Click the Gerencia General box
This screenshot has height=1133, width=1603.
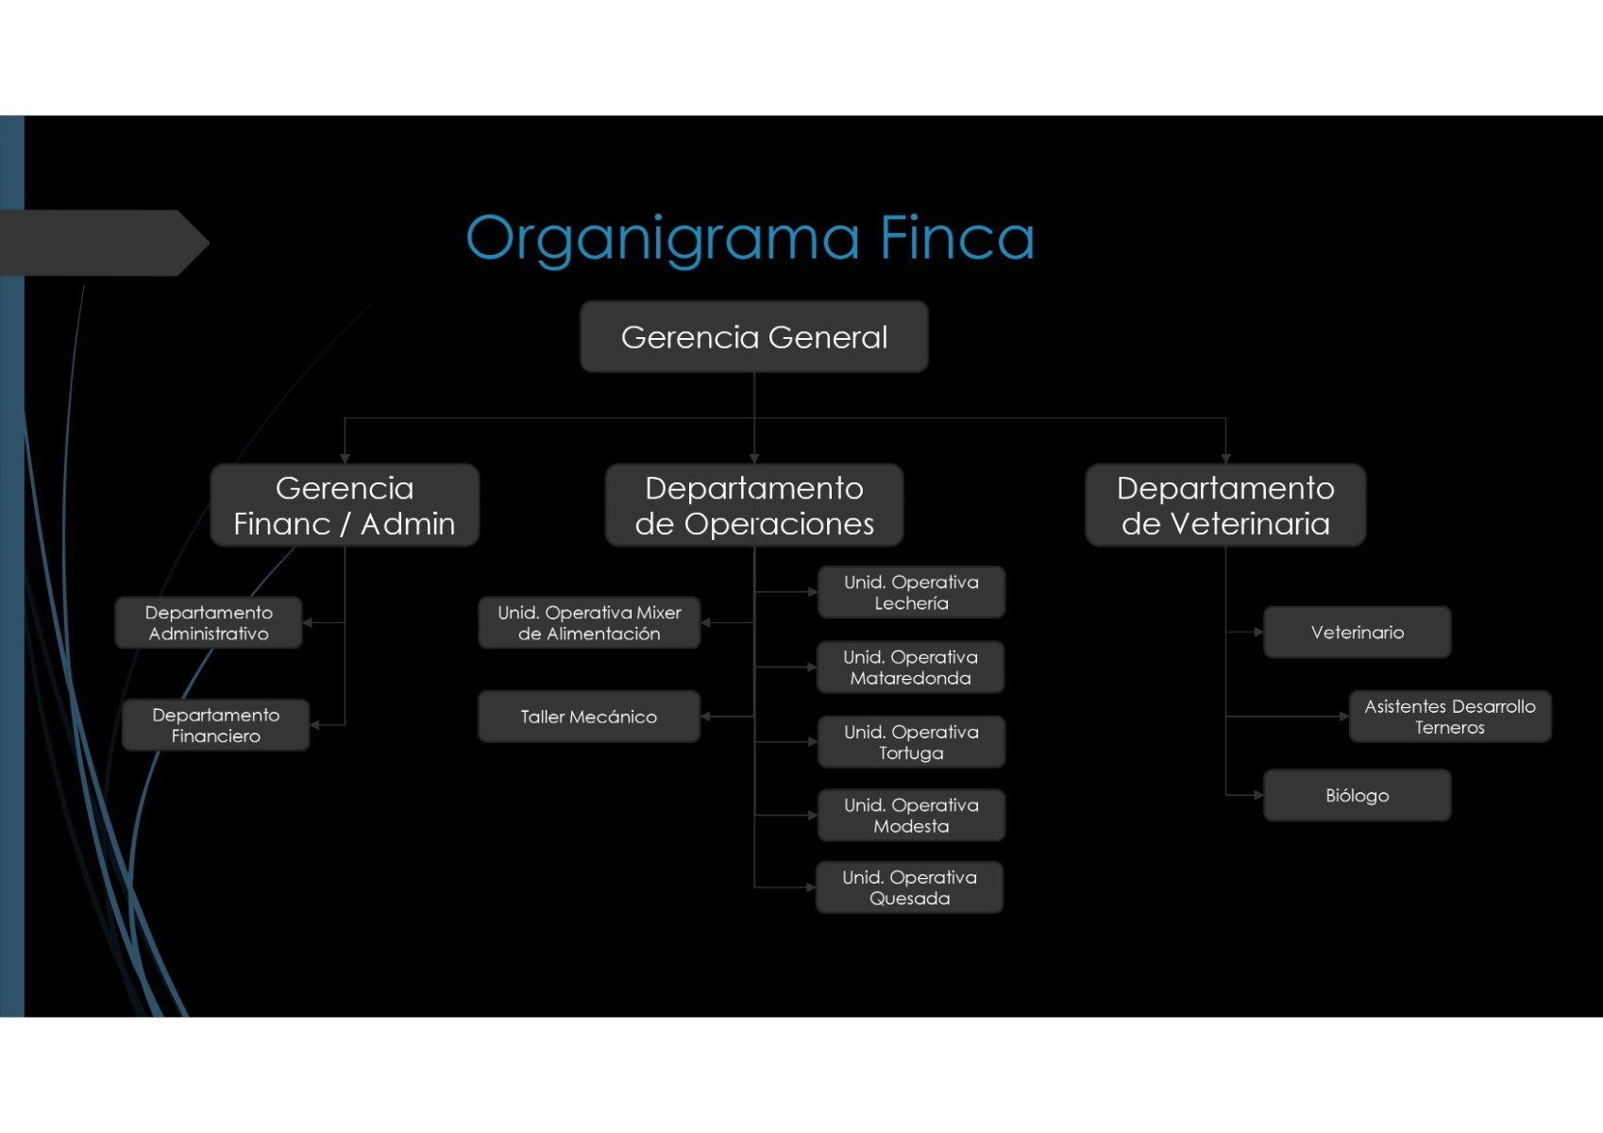coord(753,337)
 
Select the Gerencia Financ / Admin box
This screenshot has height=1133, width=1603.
coord(345,505)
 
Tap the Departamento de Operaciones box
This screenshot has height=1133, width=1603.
coord(753,505)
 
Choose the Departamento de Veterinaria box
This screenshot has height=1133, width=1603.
coord(1225,505)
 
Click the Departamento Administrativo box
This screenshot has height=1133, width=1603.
coord(209,623)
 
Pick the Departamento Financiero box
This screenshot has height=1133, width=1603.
coord(215,725)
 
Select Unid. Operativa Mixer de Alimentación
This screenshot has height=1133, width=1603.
coord(589,623)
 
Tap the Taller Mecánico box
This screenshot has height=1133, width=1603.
coord(589,717)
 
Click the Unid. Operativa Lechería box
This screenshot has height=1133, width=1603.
coord(911,593)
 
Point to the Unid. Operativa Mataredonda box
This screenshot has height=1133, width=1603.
coord(910,668)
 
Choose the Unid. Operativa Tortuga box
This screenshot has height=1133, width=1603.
coord(911,742)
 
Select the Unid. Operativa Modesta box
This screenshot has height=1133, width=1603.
coord(911,816)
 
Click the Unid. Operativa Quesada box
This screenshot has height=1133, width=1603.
coord(909,888)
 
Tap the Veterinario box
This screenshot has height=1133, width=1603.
coord(1357,633)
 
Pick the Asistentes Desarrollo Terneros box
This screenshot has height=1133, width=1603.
coord(1449,717)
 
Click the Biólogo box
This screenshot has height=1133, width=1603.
coord(1357,796)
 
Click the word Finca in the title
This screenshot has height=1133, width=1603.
coord(956,238)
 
